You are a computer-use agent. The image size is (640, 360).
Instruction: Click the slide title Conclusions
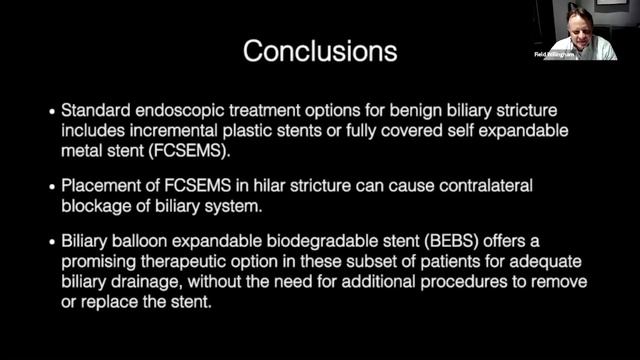click(x=320, y=49)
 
